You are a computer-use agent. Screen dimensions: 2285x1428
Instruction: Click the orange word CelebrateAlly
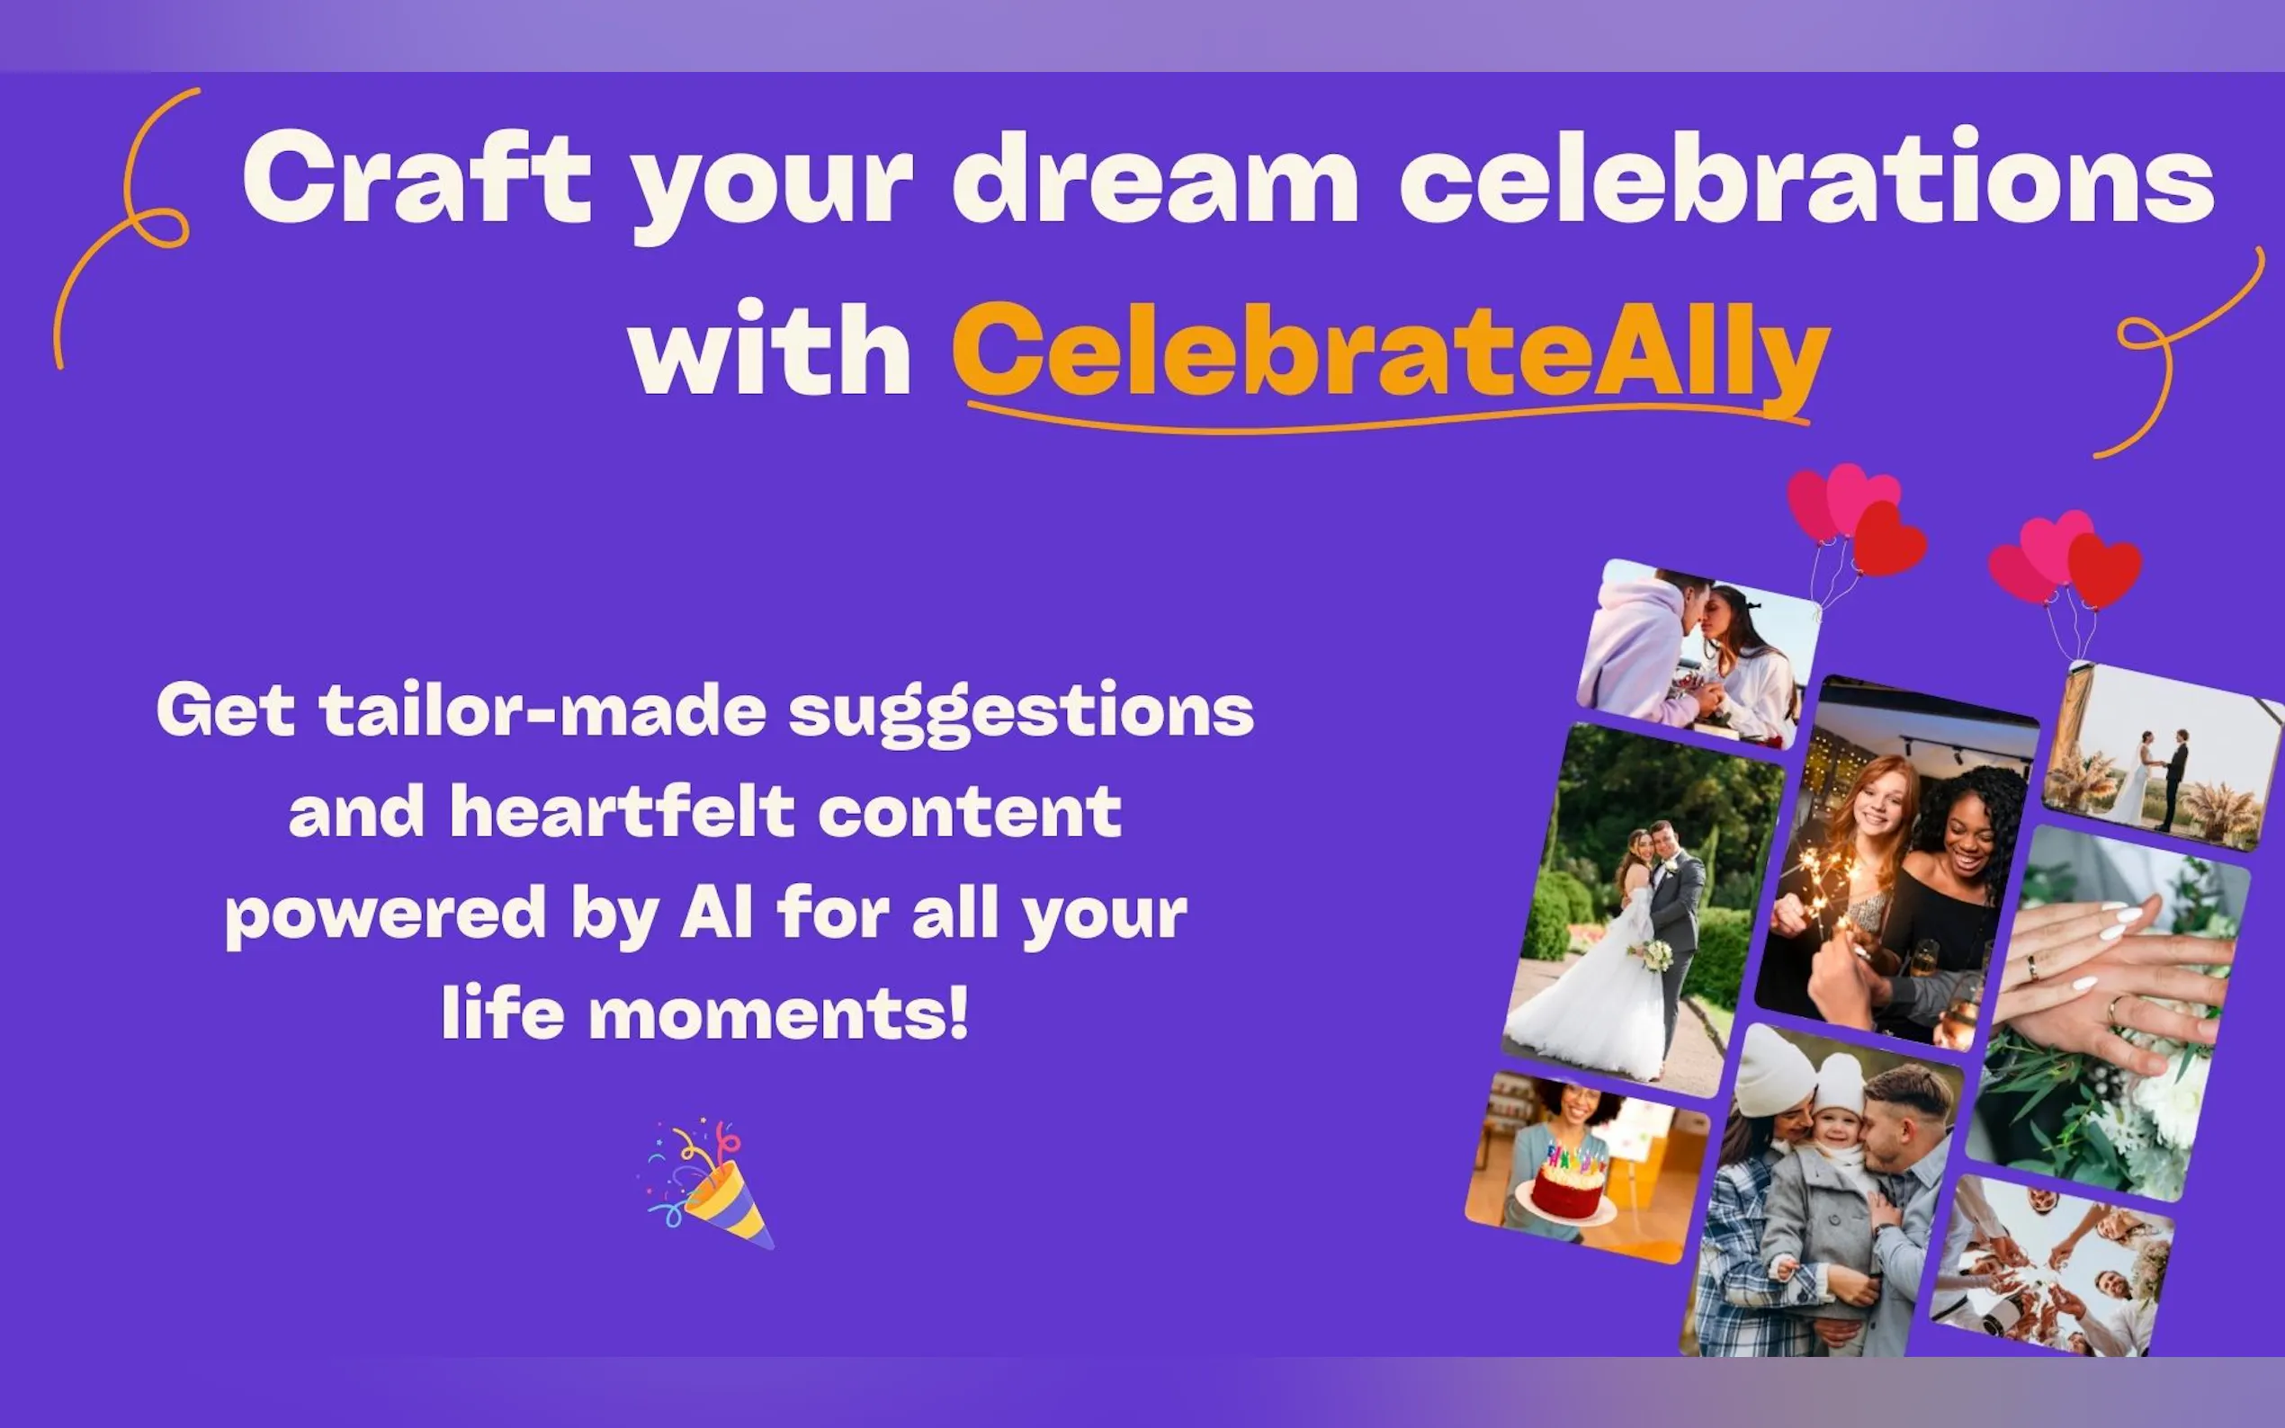[x=1391, y=352]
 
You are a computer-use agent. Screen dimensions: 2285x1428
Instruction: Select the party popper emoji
[x=706, y=1184]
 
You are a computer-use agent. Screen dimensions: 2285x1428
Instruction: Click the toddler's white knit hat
[x=1840, y=1084]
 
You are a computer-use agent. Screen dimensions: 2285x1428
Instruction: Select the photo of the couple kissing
[x=1697, y=654]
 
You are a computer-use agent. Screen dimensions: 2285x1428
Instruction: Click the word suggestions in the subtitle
[x=1022, y=713]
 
